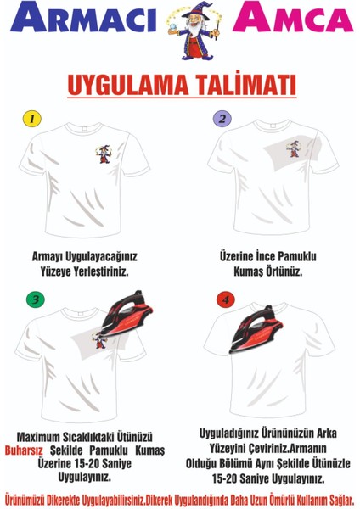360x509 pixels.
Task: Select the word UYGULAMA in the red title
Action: pos(120,87)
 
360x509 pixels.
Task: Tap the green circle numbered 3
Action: pos(35,299)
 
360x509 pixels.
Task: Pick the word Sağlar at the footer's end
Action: pos(339,497)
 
